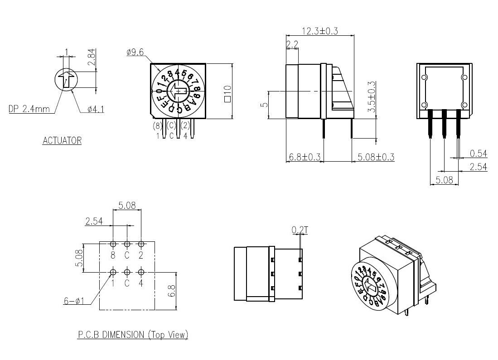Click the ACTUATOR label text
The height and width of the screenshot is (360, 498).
[x=62, y=140]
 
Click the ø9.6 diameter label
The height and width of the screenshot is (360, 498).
[x=135, y=53]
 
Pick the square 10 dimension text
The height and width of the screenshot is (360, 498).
[x=227, y=94]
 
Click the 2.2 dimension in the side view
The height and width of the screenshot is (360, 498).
[x=292, y=44]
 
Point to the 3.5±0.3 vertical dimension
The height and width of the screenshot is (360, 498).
[x=372, y=97]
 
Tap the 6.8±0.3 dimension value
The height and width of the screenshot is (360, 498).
[x=304, y=157]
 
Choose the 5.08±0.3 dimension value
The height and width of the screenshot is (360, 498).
[x=376, y=157]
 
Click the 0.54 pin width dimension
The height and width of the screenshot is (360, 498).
[x=478, y=153]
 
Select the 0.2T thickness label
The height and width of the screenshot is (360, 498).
[x=300, y=230]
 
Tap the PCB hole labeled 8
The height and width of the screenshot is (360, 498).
[x=113, y=244]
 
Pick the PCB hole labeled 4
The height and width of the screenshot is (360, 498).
[x=141, y=272]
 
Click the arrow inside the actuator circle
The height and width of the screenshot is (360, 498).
[x=67, y=79]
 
